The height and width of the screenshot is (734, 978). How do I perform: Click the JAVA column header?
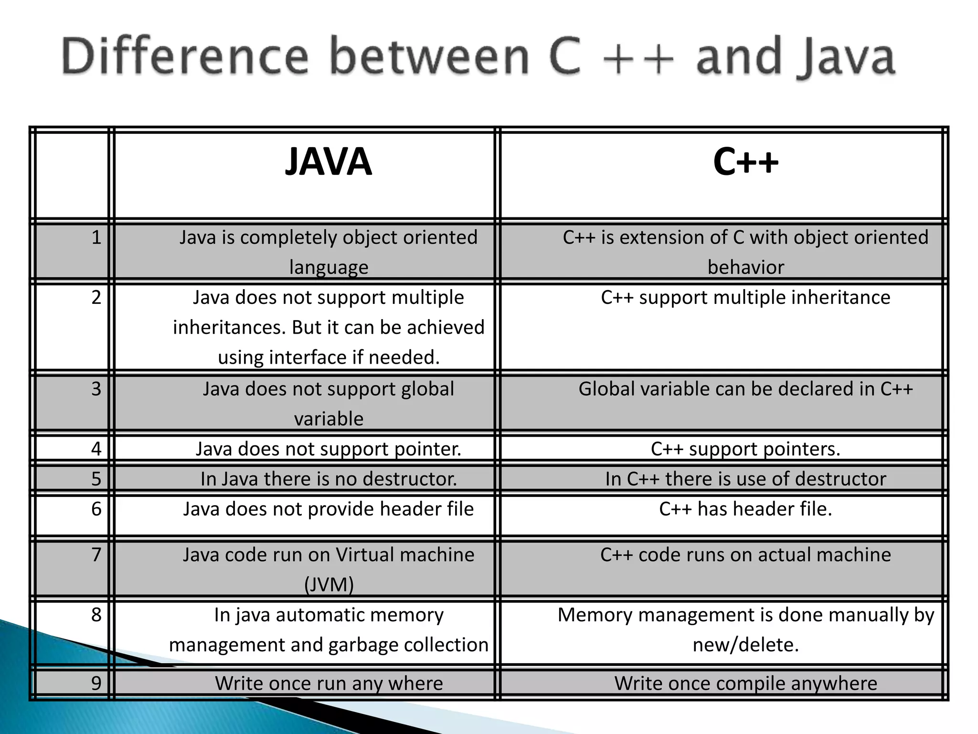click(328, 162)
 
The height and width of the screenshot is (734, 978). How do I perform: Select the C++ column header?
click(745, 162)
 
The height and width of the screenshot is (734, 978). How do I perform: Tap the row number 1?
click(96, 237)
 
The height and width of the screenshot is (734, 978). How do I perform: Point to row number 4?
click(96, 449)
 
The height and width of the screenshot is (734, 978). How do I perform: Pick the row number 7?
click(96, 555)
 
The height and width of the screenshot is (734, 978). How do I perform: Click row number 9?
click(96, 683)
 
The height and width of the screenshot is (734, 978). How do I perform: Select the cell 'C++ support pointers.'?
click(745, 449)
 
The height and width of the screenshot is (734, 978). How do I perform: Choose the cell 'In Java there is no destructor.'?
click(329, 479)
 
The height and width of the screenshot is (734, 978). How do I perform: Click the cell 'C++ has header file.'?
click(745, 509)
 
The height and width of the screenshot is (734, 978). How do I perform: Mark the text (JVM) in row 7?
click(329, 584)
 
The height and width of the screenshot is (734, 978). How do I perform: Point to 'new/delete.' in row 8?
click(745, 645)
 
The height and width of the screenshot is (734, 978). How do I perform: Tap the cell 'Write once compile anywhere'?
click(745, 683)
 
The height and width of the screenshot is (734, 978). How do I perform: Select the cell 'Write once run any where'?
click(329, 683)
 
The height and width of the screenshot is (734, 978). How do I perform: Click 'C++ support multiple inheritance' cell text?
click(745, 297)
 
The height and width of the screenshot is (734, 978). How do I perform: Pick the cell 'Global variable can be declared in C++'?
click(745, 389)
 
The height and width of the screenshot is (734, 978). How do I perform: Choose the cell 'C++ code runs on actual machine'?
click(745, 555)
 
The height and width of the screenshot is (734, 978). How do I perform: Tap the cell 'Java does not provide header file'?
click(329, 509)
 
